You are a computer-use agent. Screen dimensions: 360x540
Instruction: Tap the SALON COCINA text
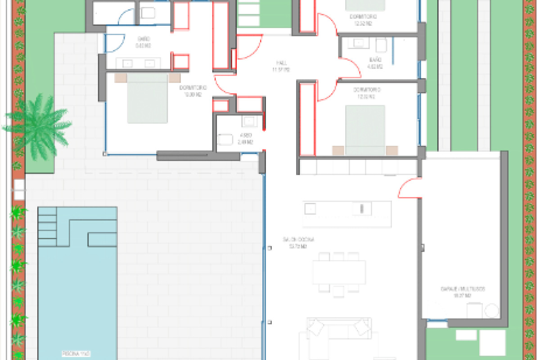point(295,240)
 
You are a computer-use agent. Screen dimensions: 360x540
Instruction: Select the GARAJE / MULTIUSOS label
point(463,289)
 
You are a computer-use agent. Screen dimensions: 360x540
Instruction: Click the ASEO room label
point(246,135)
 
